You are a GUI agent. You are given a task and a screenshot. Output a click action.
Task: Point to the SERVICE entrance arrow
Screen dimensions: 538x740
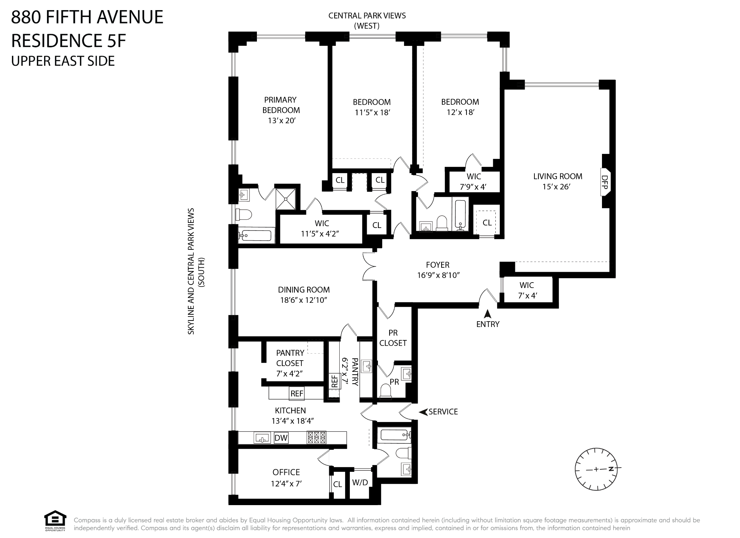(x=423, y=412)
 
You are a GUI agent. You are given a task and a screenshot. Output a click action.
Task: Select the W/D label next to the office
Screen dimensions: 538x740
(x=360, y=482)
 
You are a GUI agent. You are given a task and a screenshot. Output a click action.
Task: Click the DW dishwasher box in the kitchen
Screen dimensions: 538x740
(x=281, y=438)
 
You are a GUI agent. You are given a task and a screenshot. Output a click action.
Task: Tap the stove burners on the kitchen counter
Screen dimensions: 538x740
(x=316, y=438)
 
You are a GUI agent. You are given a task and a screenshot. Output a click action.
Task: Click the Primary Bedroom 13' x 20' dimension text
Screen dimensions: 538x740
(x=281, y=121)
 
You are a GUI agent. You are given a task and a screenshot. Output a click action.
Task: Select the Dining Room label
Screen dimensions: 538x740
(x=304, y=290)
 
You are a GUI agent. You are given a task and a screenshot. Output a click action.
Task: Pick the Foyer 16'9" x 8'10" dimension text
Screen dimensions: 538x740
(x=438, y=275)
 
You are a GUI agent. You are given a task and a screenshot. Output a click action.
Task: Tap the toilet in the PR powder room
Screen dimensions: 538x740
(x=386, y=391)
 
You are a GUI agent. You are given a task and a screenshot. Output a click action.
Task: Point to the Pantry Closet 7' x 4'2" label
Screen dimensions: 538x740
(x=289, y=363)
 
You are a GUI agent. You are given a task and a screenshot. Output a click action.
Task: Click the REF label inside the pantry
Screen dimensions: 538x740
(x=334, y=382)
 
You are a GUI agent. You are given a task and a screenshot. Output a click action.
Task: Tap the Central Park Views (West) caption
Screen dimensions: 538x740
(x=367, y=21)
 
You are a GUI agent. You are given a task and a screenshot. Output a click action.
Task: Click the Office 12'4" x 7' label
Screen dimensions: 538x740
(x=286, y=477)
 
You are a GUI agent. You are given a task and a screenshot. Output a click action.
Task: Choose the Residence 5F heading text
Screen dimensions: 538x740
(x=69, y=40)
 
